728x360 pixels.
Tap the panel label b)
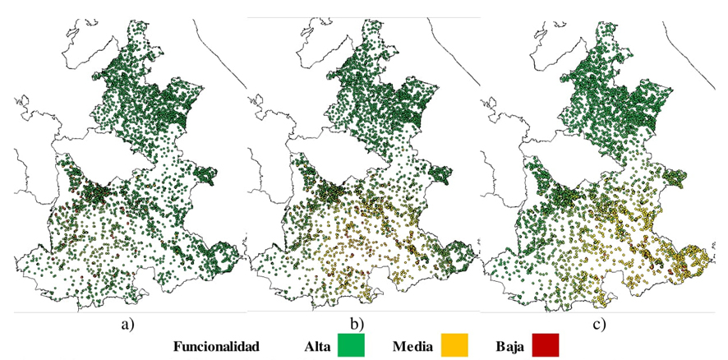tap(358, 323)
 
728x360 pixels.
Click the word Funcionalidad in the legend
tap(216, 347)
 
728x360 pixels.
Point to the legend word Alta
tap(316, 347)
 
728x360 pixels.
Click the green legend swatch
tap(351, 346)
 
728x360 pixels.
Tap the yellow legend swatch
tap(458, 346)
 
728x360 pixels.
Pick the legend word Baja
tap(513, 347)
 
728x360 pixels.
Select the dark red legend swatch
tap(545, 346)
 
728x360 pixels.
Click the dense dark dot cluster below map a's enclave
tap(97, 192)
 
